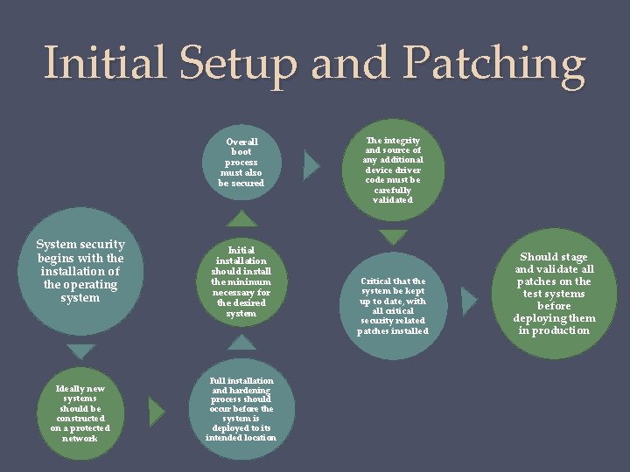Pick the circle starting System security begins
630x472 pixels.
(80, 271)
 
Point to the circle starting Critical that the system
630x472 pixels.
(393, 305)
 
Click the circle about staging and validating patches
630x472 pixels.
(555, 294)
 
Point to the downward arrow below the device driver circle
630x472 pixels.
(394, 237)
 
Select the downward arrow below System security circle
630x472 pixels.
(80, 352)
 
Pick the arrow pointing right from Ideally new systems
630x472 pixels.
(157, 410)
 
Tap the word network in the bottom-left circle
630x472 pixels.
(80, 438)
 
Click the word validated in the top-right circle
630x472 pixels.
(393, 200)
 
